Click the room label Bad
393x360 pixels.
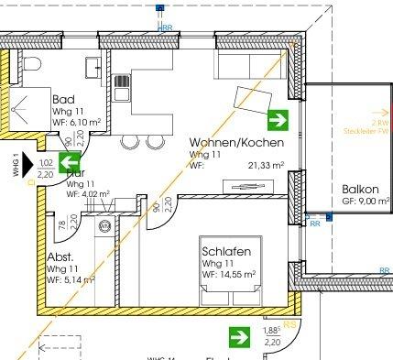[x=63, y=99]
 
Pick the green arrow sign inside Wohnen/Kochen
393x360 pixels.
[x=278, y=119]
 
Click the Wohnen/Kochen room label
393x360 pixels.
[x=236, y=143]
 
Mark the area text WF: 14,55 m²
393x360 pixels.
[x=235, y=274]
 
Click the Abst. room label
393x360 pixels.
[x=60, y=257]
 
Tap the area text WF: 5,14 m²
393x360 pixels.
[x=71, y=280]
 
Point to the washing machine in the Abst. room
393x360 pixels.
[x=104, y=227]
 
